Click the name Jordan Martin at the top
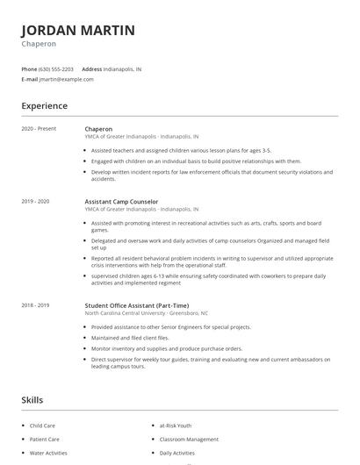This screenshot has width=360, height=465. [78, 31]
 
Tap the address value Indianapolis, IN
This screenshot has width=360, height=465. [123, 68]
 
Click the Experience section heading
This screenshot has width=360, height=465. [45, 106]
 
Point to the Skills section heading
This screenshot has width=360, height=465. [32, 400]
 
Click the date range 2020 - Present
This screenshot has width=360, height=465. [40, 129]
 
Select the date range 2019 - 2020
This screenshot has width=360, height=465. [36, 202]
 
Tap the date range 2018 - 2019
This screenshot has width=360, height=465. [36, 305]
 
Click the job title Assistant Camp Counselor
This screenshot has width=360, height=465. [121, 202]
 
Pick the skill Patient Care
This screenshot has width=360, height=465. [46, 439]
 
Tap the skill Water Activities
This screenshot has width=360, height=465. [49, 453]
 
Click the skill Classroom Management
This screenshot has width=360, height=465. [189, 439]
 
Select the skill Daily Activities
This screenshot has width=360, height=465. [177, 453]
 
